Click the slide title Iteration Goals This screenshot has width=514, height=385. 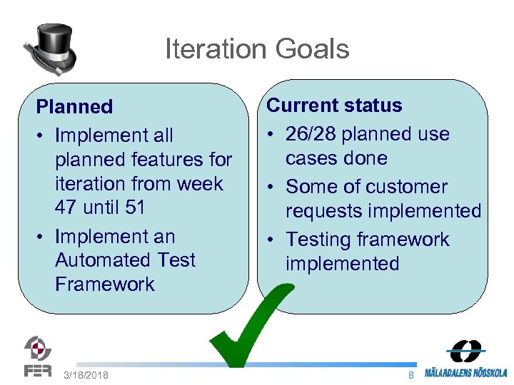(x=257, y=49)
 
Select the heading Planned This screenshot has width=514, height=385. (x=74, y=107)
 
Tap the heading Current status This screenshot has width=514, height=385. (x=334, y=106)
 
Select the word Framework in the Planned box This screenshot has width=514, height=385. (x=104, y=284)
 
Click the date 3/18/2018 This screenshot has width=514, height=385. (x=86, y=375)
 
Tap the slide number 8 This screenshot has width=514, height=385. (x=410, y=375)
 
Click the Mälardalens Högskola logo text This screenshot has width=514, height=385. (x=465, y=372)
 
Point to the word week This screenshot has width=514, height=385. (x=200, y=183)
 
